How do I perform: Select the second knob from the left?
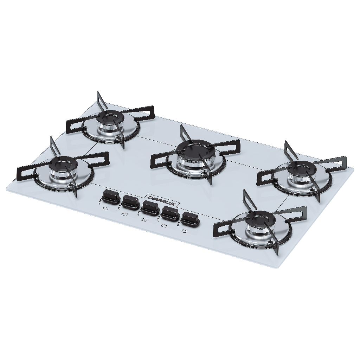[131, 202]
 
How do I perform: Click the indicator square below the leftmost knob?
[105, 209]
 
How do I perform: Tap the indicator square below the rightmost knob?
[183, 231]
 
